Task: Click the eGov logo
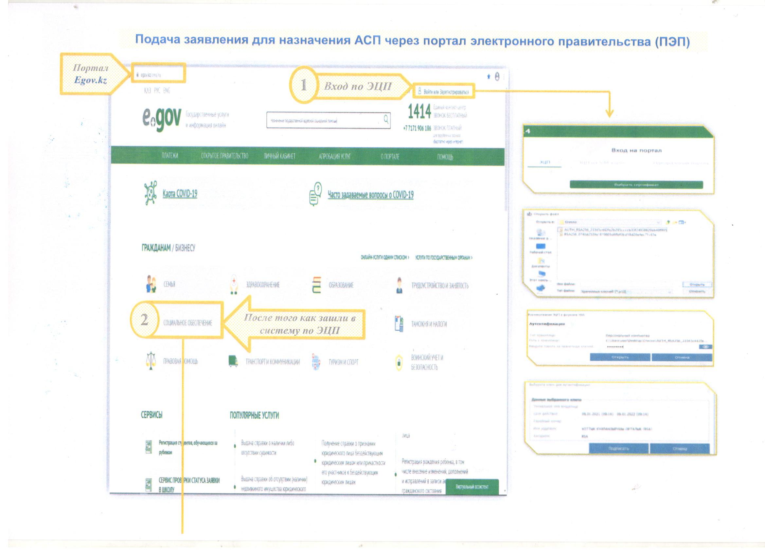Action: pos(162,120)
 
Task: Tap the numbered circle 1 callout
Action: pos(304,85)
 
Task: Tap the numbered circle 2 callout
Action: pos(144,320)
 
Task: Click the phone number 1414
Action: pos(419,112)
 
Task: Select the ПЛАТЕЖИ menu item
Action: pos(170,155)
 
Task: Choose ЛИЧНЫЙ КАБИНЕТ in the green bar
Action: pos(279,156)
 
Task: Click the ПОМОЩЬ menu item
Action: pos(445,157)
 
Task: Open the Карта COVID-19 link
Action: pos(180,194)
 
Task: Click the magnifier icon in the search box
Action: pos(386,119)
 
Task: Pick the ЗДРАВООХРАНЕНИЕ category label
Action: pos(263,285)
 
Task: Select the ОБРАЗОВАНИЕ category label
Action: pos(341,285)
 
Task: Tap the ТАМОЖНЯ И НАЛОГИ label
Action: pos(429,324)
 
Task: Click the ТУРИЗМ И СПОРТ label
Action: pos(343,362)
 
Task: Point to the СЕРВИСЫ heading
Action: pos(151,415)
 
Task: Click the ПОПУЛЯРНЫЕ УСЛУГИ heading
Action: pos(254,415)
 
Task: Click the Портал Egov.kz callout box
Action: pos(90,74)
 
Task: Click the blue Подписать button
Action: pos(619,448)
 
